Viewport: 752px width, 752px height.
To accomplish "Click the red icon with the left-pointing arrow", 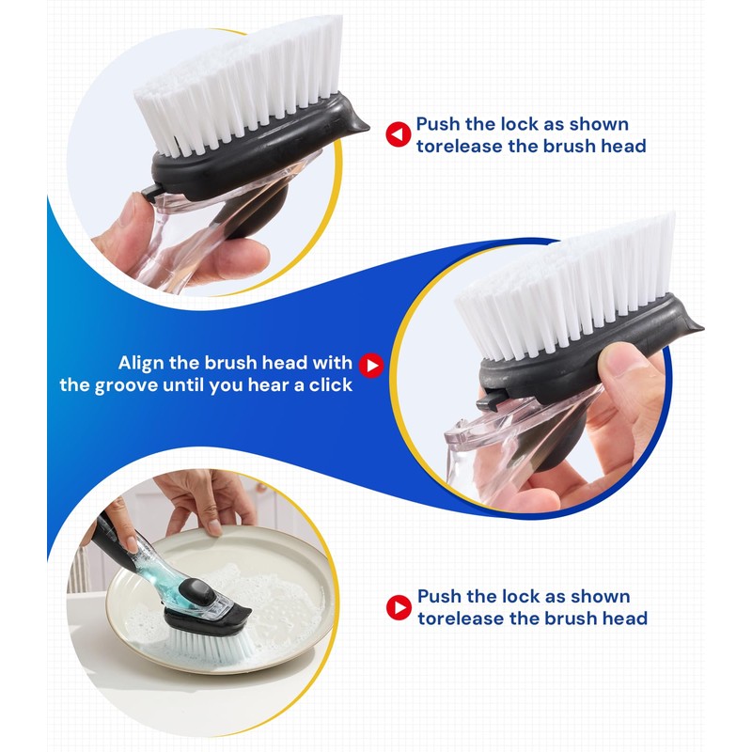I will tap(399, 135).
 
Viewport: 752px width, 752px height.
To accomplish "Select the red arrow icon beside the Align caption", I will tap(373, 365).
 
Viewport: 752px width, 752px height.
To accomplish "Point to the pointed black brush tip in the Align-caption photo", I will tap(694, 327).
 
